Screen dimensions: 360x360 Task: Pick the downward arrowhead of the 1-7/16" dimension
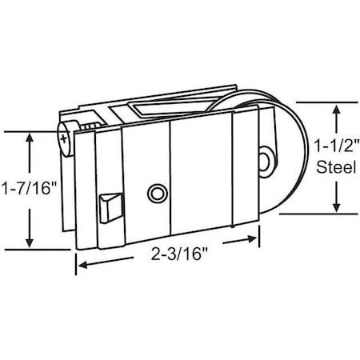point(31,243)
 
